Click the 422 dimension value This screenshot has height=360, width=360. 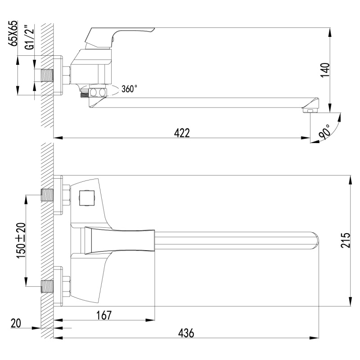pos(182,133)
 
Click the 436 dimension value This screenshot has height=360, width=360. pos(186,333)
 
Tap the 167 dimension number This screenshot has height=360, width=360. pos(104,315)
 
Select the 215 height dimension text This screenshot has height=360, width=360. pos(345,240)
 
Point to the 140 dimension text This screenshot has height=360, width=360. pos(325,70)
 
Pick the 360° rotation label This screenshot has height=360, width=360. pos(129,89)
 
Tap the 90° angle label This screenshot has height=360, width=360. pos(324,132)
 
